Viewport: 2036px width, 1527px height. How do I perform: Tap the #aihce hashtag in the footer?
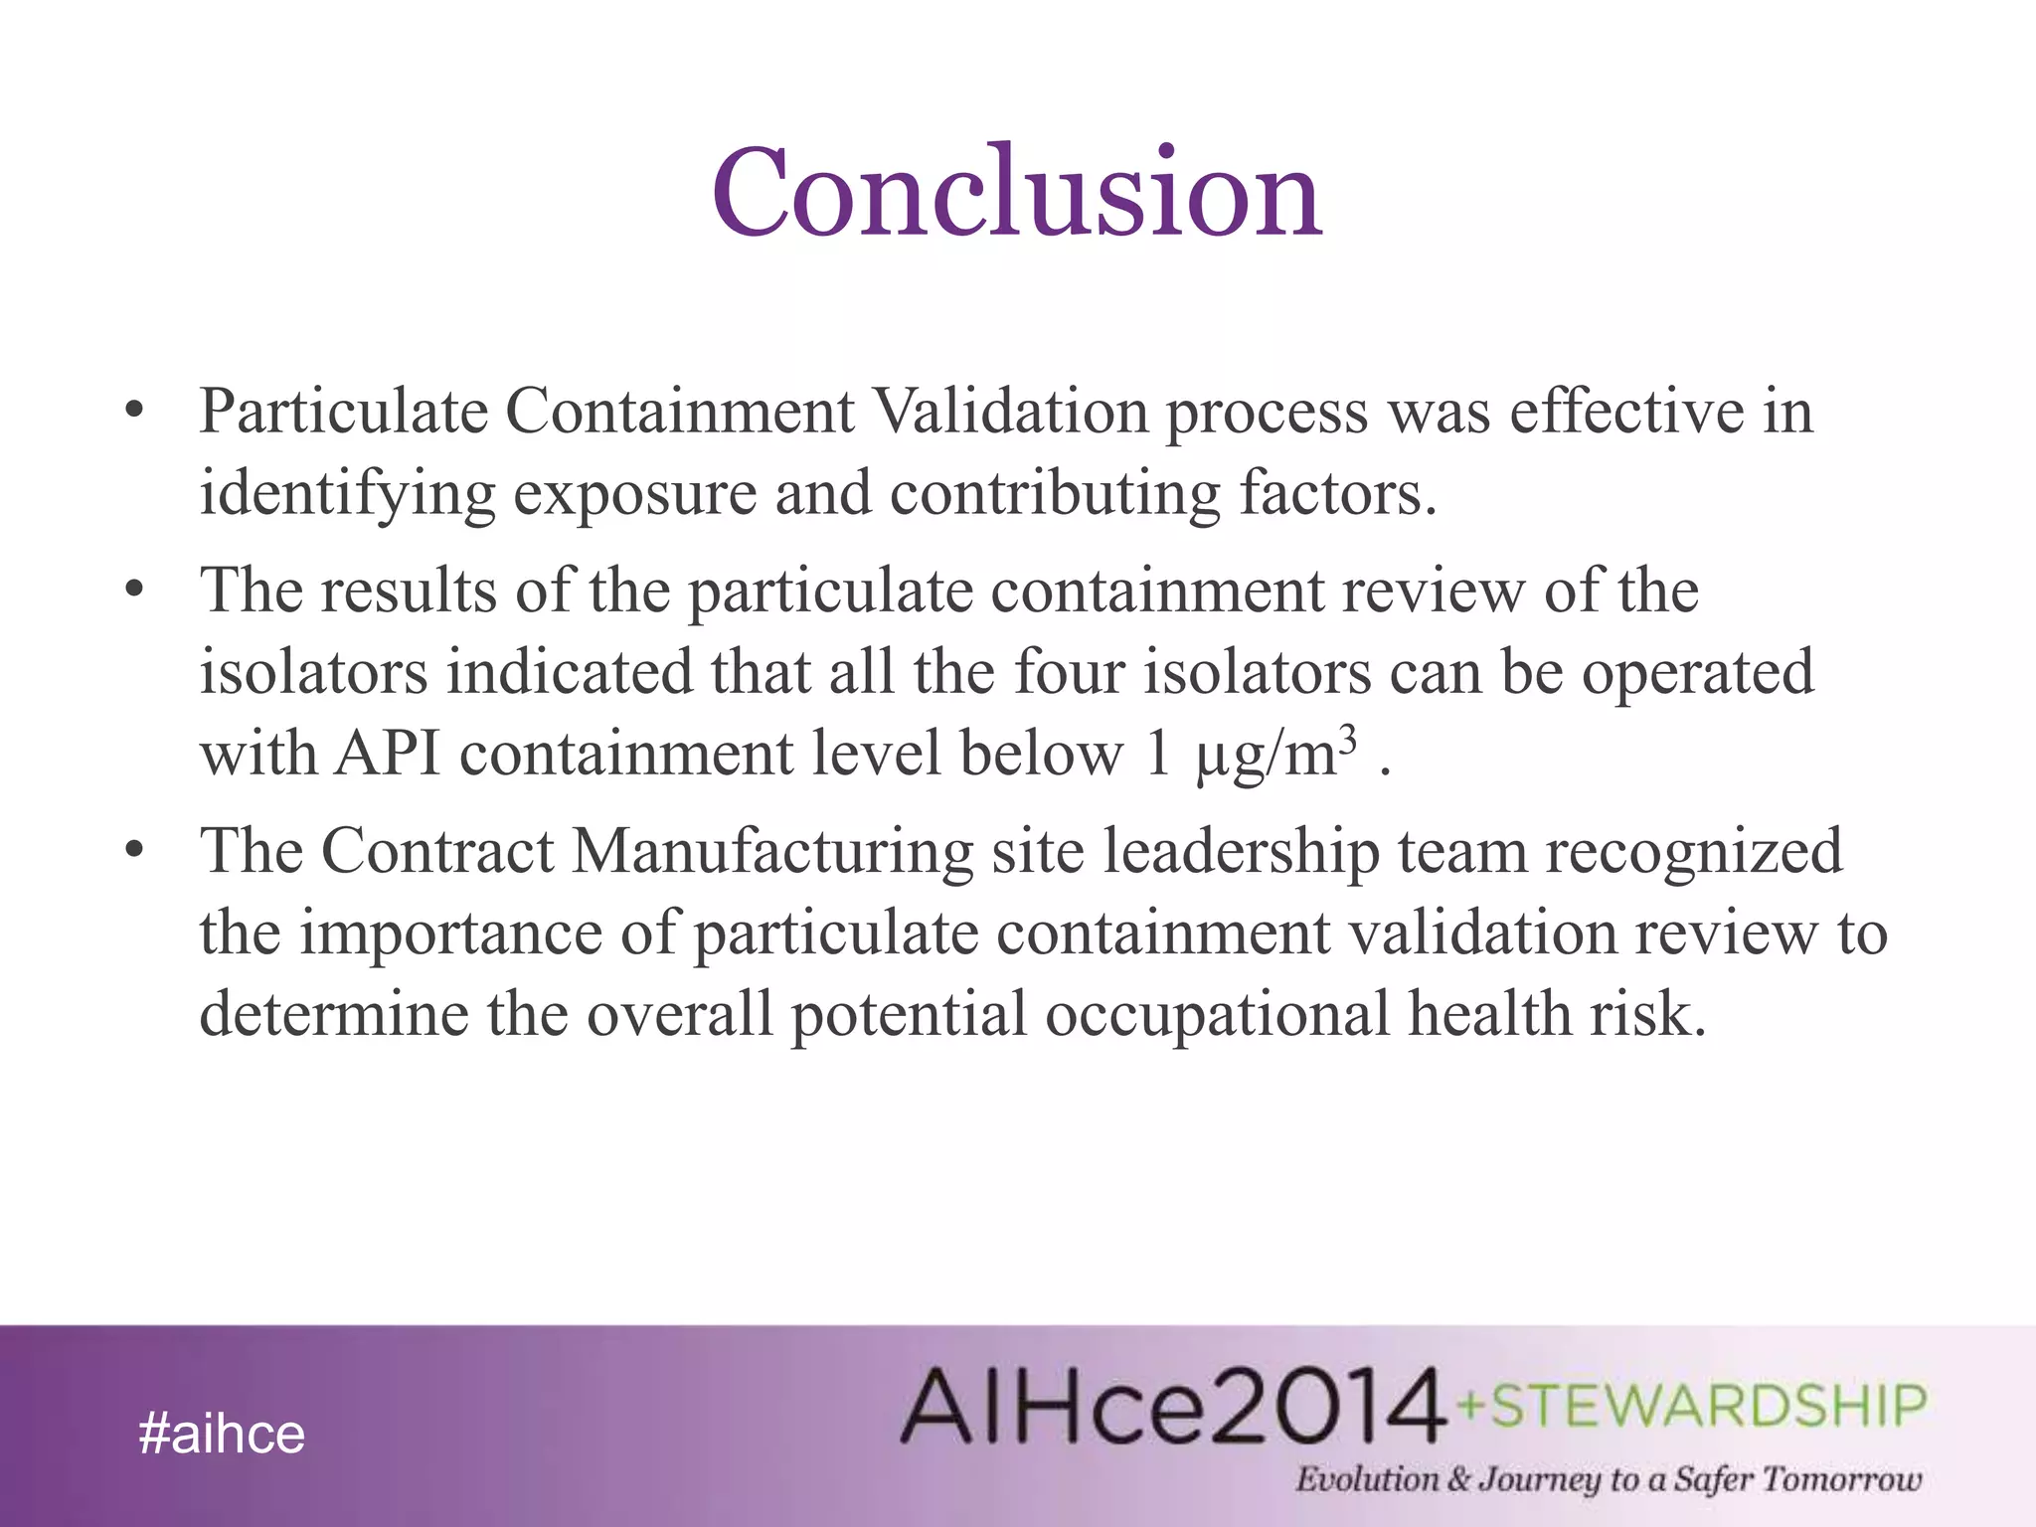pyautogui.click(x=222, y=1434)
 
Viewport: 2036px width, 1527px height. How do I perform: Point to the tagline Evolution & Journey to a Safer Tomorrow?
pyautogui.click(x=1608, y=1478)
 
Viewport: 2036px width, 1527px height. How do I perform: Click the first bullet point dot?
pyautogui.click(x=136, y=411)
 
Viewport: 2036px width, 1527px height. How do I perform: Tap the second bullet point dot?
pyautogui.click(x=136, y=591)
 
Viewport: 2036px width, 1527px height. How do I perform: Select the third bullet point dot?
pyautogui.click(x=136, y=851)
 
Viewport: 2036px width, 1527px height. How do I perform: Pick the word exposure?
pyautogui.click(x=634, y=494)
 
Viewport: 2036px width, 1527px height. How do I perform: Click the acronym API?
pyautogui.click(x=388, y=753)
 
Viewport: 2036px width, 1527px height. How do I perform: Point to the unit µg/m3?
pyautogui.click(x=1275, y=753)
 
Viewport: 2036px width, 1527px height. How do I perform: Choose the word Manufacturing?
pyautogui.click(x=771, y=851)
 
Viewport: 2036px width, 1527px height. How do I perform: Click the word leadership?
pyautogui.click(x=1242, y=853)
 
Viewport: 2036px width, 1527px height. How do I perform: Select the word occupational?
pyautogui.click(x=1217, y=1016)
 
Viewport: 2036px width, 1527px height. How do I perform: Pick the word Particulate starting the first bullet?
pyautogui.click(x=343, y=411)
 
